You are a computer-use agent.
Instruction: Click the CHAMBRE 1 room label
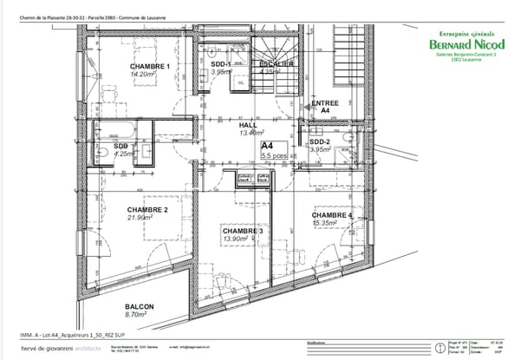pos(147,67)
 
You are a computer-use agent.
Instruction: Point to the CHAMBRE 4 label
pos(332,215)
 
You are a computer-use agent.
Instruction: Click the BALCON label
pos(140,307)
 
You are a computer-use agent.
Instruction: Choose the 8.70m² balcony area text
pos(140,316)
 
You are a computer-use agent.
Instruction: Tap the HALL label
pos(248,125)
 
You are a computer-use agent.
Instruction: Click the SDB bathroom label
pos(120,146)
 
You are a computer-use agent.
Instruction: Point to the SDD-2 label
pos(320,141)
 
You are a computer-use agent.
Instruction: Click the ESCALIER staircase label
pos(275,65)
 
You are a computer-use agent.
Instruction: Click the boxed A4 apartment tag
pos(268,146)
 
